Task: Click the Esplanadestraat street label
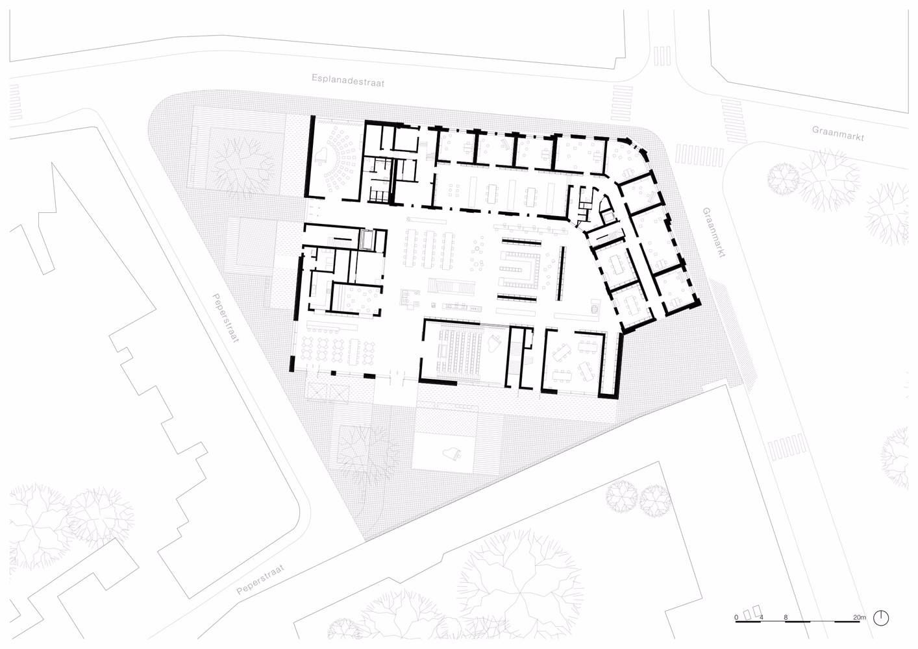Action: pos(348,80)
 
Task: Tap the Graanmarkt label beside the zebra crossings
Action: pos(839,134)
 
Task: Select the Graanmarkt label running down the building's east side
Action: pos(713,232)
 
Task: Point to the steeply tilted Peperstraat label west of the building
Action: pos(225,318)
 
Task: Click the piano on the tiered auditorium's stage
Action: pos(494,343)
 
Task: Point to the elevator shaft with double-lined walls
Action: pos(366,239)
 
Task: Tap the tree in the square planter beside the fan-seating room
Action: pos(242,160)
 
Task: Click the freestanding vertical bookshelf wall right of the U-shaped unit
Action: pos(562,274)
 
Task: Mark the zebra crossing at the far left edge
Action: pos(14,102)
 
